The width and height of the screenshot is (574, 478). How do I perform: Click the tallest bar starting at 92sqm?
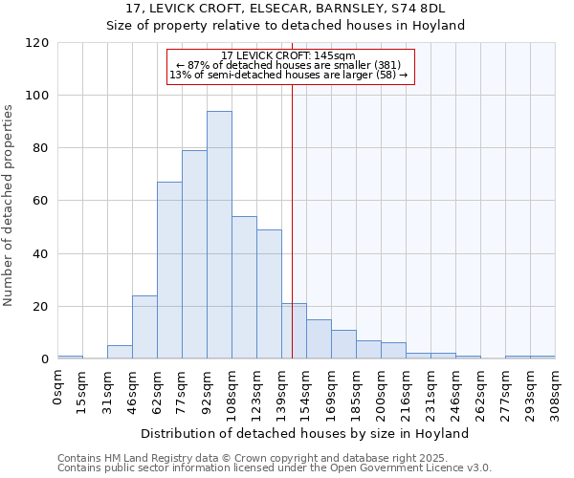pyautogui.click(x=219, y=235)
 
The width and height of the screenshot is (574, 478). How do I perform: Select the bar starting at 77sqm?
pyautogui.click(x=194, y=254)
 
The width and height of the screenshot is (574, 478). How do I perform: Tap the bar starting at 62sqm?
pyautogui.click(x=169, y=271)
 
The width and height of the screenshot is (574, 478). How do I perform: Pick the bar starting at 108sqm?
pyautogui.click(x=244, y=288)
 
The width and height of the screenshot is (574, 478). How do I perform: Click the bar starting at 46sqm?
pyautogui.click(x=144, y=327)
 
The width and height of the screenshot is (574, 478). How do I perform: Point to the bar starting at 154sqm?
pyautogui.click(x=319, y=339)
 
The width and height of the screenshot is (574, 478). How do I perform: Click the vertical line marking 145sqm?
pyautogui.click(x=292, y=220)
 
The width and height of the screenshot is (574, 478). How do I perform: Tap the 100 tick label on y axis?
pyautogui.click(x=37, y=96)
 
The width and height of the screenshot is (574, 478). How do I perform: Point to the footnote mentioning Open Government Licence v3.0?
pyautogui.click(x=274, y=467)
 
